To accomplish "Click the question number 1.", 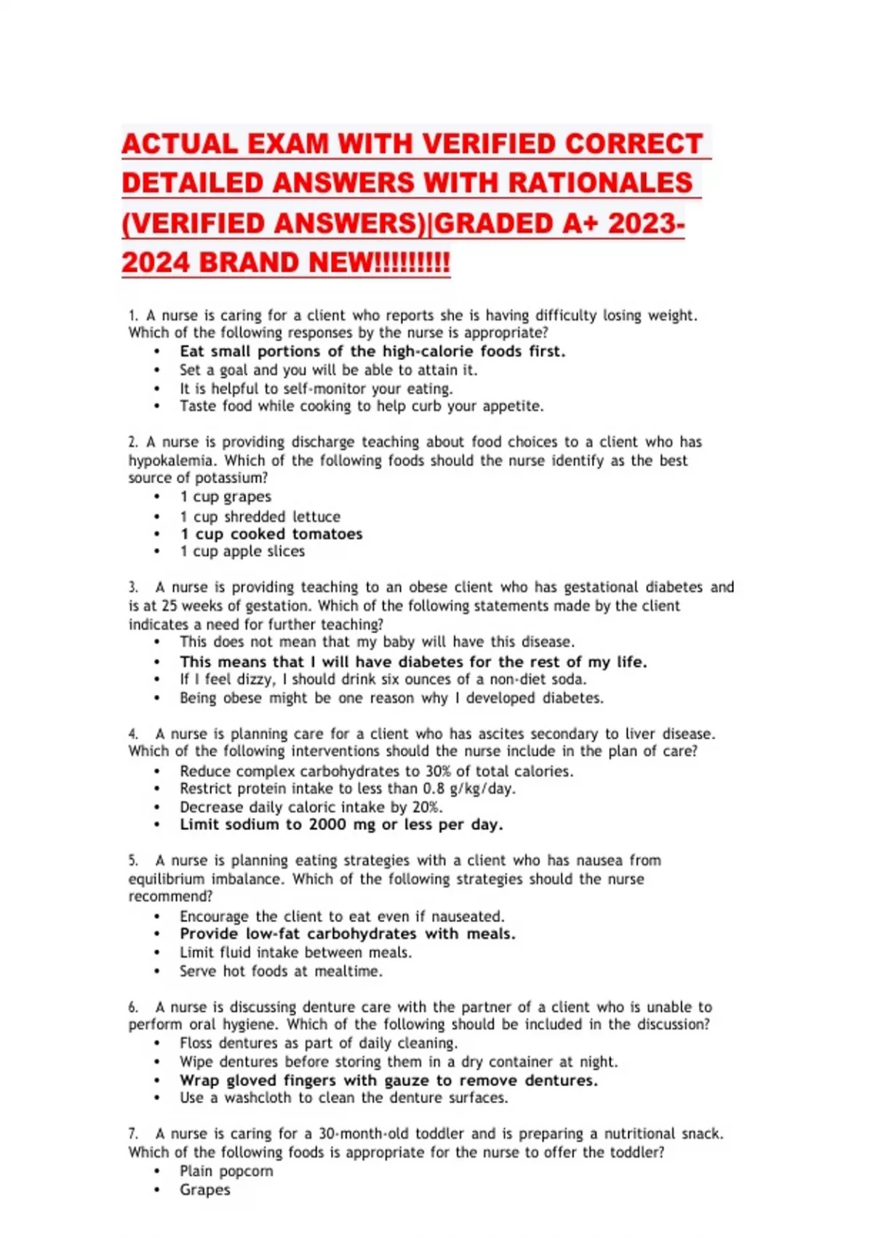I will [132, 316].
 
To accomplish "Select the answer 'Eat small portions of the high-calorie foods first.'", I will [372, 351].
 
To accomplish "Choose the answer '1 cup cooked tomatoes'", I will [271, 534].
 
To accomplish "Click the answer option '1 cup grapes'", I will [226, 497].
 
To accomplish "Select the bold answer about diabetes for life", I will [412, 662].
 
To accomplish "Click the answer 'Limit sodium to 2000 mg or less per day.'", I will [341, 824].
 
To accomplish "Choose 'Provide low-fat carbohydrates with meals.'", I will [347, 934].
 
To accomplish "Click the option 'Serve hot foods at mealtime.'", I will [281, 971].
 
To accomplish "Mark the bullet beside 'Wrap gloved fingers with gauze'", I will [156, 1081].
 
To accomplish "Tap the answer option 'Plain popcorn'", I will [226, 1172].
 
